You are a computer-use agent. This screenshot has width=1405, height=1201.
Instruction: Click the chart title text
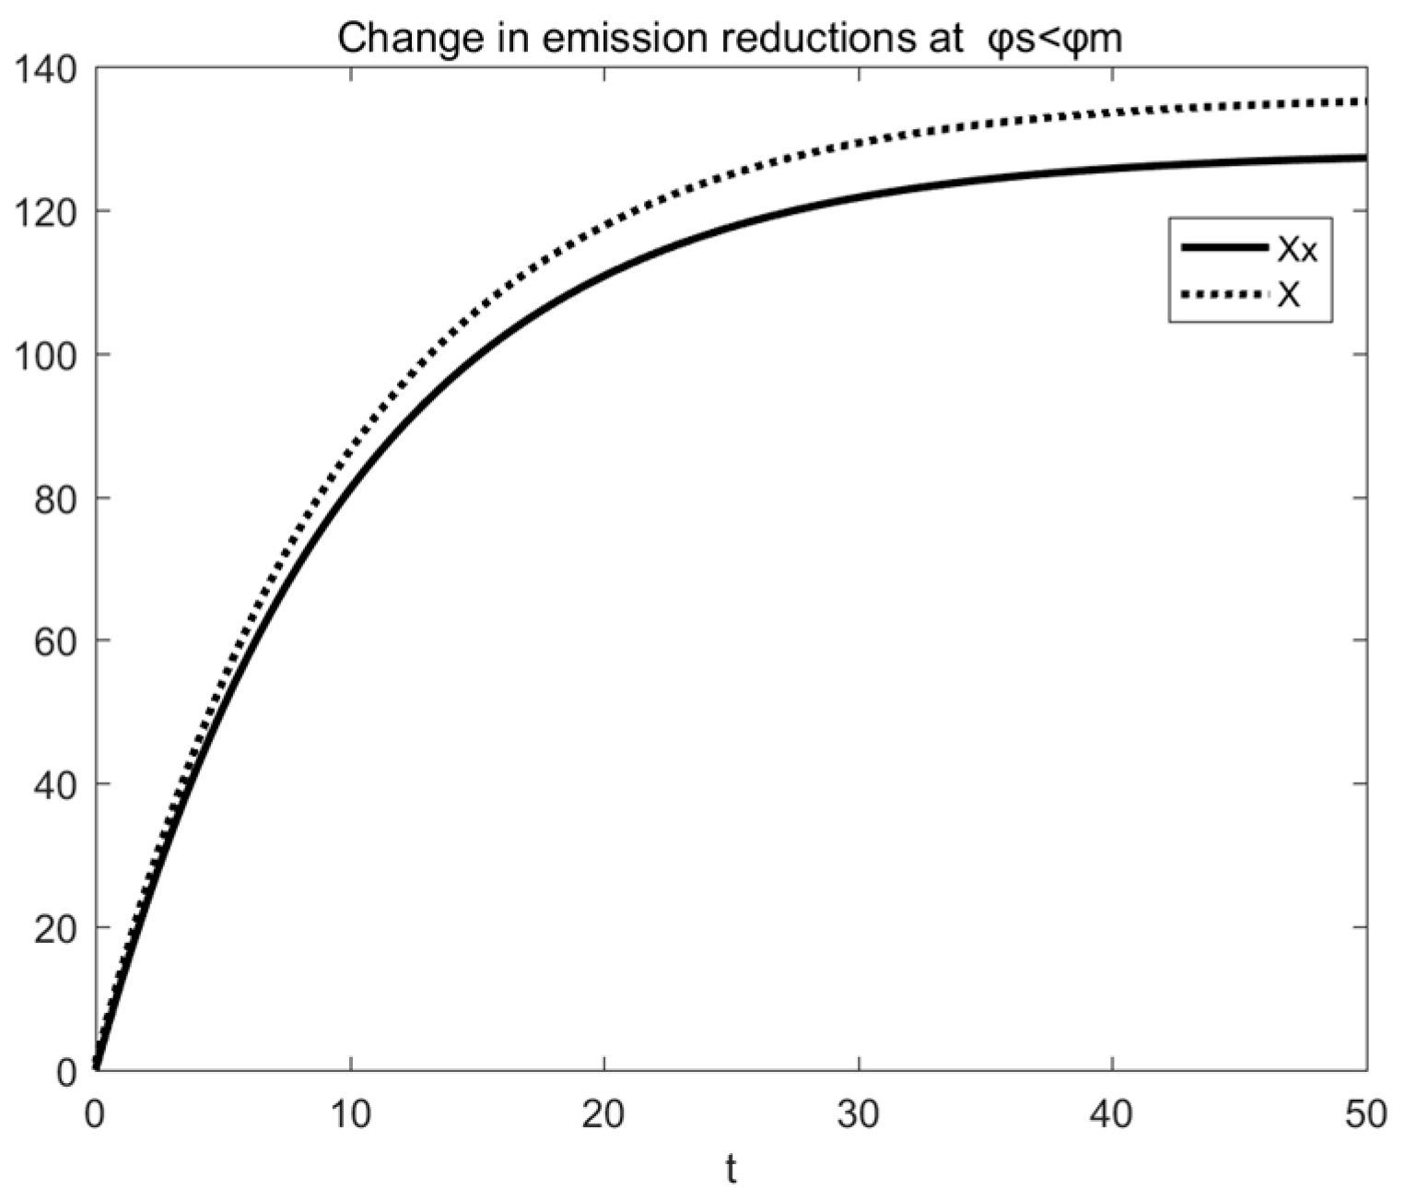[729, 39]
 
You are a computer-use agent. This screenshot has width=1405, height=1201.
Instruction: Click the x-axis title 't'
[731, 1170]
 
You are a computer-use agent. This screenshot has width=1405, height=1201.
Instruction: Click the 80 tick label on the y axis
[53, 498]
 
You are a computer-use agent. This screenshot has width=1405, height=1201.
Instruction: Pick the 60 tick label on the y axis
[53, 641]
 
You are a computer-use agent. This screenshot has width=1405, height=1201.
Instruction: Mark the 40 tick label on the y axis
[53, 784]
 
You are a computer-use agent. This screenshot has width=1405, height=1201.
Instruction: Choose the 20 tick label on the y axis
[53, 927]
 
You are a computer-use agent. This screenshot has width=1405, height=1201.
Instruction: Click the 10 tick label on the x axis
[350, 1115]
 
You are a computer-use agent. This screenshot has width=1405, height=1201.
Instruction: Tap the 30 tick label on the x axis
[859, 1115]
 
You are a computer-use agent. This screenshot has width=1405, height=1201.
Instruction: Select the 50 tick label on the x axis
[1365, 1115]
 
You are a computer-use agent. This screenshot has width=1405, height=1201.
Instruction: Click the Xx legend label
[1297, 249]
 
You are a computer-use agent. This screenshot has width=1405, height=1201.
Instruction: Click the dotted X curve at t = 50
[1364, 101]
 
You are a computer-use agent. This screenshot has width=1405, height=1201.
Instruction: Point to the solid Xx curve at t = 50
[1364, 159]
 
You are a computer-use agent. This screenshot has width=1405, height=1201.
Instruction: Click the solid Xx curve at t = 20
[604, 275]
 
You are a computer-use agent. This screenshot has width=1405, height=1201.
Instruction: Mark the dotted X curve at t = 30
[859, 142]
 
